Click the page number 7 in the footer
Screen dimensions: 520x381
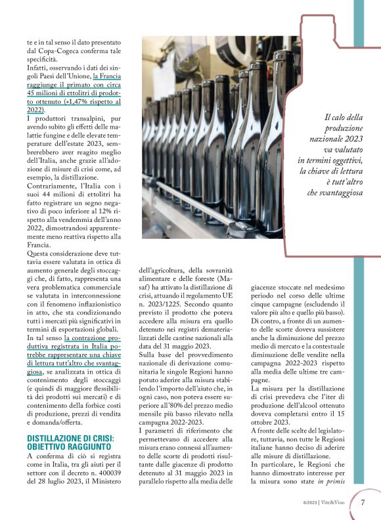tap(363, 502)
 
